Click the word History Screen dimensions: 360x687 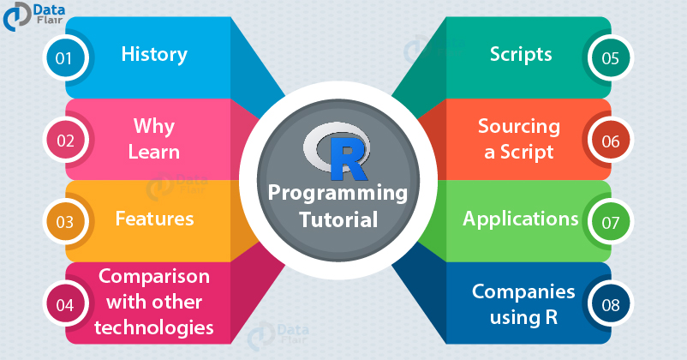coord(154,55)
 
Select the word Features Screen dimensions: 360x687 coord(154,219)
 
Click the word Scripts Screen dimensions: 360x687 coord(521,55)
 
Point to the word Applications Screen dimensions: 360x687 coord(521,219)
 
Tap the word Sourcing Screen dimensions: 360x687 coord(518,127)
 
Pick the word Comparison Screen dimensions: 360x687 coord(154,277)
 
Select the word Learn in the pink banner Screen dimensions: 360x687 coord(154,153)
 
